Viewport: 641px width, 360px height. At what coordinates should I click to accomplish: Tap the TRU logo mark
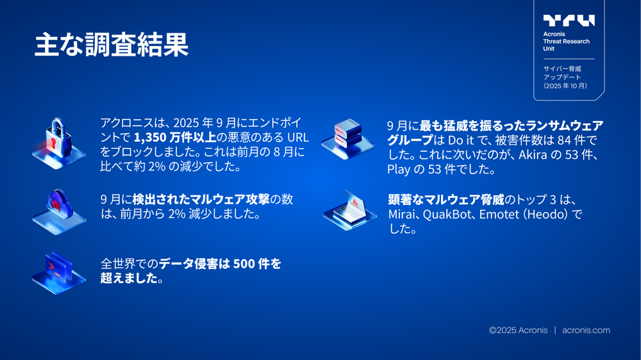(x=569, y=20)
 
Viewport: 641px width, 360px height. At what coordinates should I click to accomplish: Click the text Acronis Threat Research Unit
(x=566, y=41)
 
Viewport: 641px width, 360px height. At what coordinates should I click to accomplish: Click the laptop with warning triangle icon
(x=346, y=210)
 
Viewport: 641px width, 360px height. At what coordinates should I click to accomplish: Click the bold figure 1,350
(x=149, y=138)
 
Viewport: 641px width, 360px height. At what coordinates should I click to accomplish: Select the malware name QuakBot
(x=453, y=214)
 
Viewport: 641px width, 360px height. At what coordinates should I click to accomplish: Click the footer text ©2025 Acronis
(x=518, y=331)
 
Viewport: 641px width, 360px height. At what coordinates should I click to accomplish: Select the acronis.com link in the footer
(x=586, y=331)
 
